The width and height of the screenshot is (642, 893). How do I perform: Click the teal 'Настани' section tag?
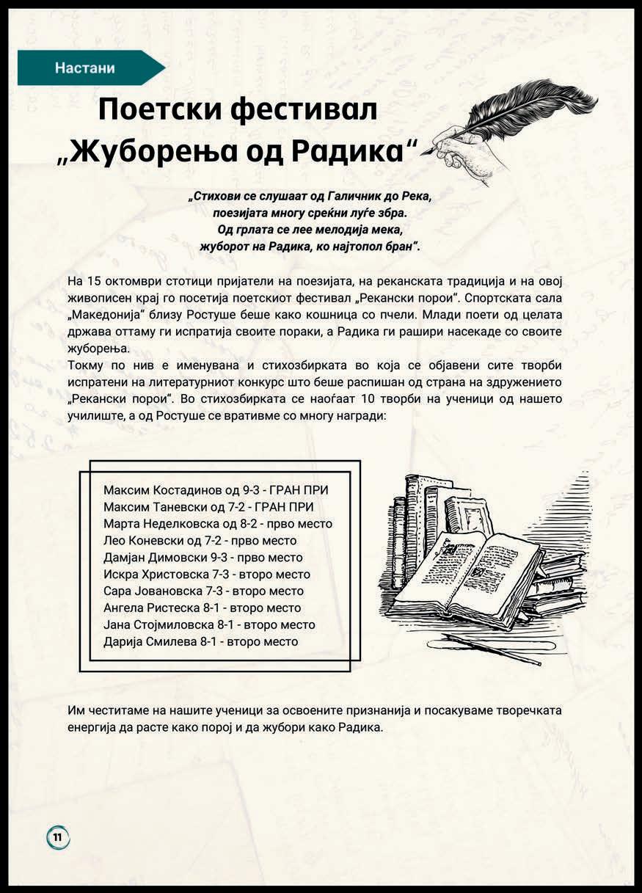[x=85, y=68]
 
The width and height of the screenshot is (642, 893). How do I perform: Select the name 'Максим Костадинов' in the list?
[x=156, y=490]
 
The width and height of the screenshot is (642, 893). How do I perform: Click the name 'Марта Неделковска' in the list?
[x=155, y=524]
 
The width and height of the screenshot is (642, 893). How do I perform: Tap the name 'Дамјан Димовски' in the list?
[x=150, y=558]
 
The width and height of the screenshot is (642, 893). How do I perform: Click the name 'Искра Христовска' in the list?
[x=151, y=575]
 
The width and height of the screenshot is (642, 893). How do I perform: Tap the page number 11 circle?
[x=58, y=836]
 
